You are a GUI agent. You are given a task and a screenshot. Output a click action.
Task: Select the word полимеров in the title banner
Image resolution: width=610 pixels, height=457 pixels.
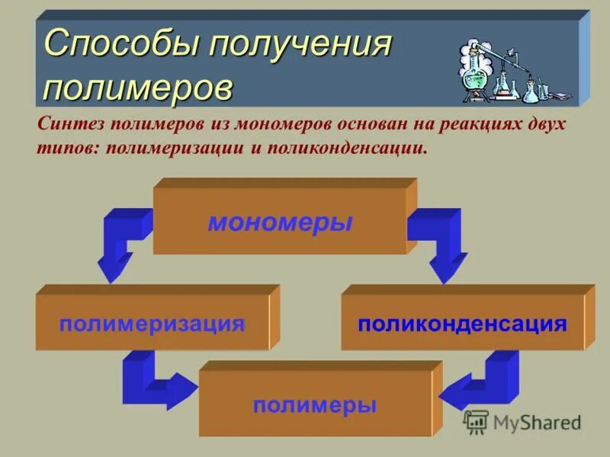[x=138, y=86]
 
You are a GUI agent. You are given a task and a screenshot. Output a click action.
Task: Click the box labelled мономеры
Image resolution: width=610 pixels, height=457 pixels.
[x=280, y=222]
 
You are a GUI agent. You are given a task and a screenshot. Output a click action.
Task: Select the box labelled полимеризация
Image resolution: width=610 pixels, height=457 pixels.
[x=152, y=323]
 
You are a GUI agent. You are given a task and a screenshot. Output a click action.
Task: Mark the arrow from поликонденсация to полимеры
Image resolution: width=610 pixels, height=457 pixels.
[x=480, y=381]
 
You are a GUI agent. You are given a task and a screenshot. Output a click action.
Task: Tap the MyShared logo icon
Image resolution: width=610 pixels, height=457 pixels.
[x=476, y=421]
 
